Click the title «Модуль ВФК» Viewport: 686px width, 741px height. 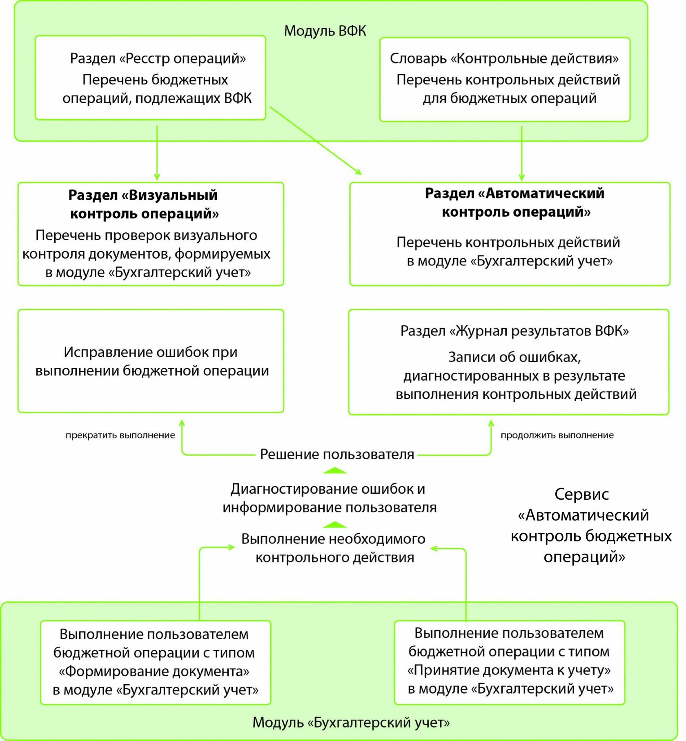click(325, 31)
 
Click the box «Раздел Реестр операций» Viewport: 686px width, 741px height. click(150, 78)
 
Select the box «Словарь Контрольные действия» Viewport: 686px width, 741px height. click(505, 79)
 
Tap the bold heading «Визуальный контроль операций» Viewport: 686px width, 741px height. click(143, 204)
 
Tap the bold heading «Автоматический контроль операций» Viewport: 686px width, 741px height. click(515, 202)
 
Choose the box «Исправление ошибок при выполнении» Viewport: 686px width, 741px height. click(151, 361)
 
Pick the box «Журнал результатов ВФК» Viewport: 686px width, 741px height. click(509, 362)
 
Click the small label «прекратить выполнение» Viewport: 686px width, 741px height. click(120, 435)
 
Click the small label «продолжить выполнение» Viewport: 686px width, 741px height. click(557, 435)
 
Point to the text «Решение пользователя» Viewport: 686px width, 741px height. click(337, 454)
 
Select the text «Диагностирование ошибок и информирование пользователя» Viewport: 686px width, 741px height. click(329, 498)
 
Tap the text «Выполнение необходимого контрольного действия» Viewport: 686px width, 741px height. click(334, 548)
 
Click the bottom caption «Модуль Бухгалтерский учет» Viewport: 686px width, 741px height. click(351, 722)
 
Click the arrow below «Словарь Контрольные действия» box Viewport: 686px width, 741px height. click(521, 153)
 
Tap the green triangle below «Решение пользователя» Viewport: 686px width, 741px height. click(335, 471)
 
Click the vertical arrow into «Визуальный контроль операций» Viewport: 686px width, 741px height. click(157, 153)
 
